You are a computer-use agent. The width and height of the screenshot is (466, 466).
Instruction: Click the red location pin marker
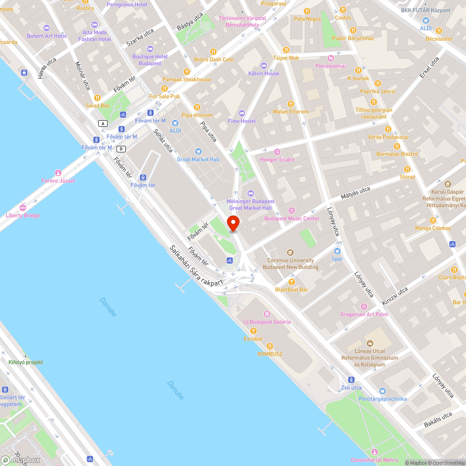pos(233,223)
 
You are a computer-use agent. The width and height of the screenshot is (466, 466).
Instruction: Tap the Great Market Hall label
pos(198,159)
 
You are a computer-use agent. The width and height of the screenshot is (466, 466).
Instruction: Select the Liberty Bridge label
pos(23,215)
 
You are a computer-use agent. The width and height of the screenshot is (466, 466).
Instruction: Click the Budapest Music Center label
pos(292,219)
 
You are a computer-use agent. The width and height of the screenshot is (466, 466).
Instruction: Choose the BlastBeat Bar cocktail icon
pos(292,281)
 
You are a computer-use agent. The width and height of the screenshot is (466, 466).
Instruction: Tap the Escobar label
pos(253,339)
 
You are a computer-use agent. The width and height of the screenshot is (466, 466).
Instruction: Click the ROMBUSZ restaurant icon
pos(270,346)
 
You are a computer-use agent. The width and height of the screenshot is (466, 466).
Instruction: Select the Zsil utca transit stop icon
pos(351,380)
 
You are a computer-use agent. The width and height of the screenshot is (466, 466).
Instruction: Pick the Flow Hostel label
pos(242,121)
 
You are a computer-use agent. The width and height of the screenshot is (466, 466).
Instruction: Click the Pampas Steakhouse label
pos(186,80)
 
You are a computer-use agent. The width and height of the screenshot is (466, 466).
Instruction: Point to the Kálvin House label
pos(264,73)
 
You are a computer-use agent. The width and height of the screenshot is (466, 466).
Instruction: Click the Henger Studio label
pos(277,159)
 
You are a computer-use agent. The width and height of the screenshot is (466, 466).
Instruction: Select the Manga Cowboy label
pos(433,228)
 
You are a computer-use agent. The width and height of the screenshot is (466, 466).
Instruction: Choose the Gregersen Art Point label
pos(364,315)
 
